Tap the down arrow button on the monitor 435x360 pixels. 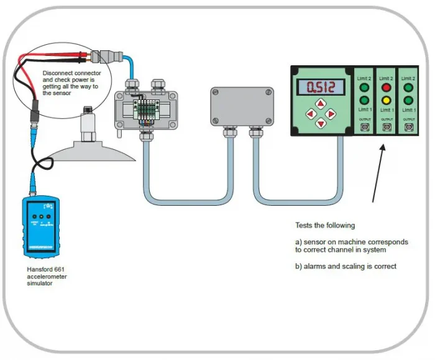coord(321,124)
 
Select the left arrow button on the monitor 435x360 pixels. coord(310,114)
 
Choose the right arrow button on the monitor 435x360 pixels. coord(331,114)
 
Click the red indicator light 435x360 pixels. coord(386,88)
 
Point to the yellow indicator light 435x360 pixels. coord(386,100)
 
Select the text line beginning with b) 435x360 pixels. coord(345,266)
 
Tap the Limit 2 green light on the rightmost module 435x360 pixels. coord(408,88)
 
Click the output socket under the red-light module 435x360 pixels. coord(386,127)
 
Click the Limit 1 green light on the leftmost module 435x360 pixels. coord(364,100)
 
